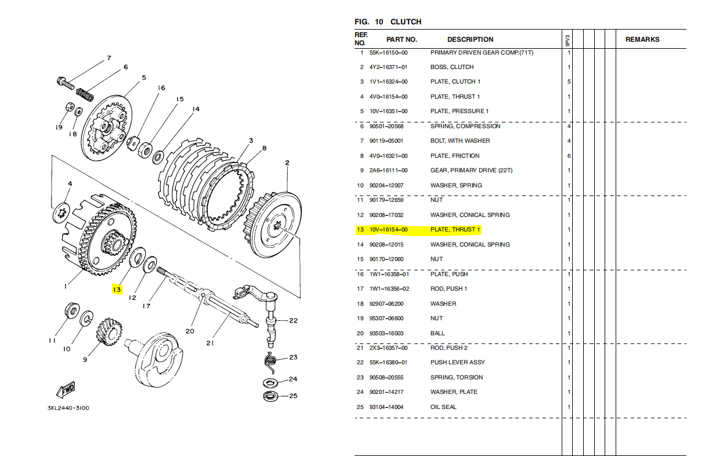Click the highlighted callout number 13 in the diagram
click(117, 289)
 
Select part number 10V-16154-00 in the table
click(388, 230)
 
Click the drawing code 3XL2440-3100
click(68, 408)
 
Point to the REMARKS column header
click(642, 39)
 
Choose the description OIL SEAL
click(443, 407)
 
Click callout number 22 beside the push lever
click(293, 320)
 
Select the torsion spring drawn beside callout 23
click(269, 361)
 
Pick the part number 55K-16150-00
click(388, 52)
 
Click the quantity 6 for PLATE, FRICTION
click(569, 155)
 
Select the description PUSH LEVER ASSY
click(457, 363)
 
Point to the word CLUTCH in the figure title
click(406, 22)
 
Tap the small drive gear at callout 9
click(109, 331)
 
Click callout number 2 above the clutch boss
click(287, 163)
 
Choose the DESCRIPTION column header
click(470, 39)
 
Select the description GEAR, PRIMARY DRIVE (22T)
click(471, 171)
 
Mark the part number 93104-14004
click(388, 407)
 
